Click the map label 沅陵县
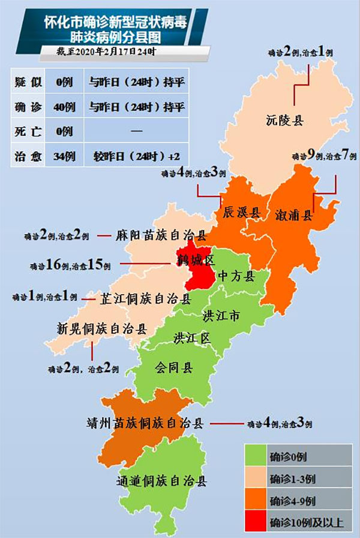click(x=285, y=120)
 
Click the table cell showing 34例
click(x=64, y=156)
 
